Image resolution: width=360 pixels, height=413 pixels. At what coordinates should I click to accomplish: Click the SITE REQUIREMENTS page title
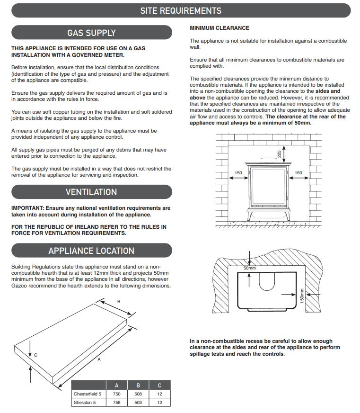(181, 10)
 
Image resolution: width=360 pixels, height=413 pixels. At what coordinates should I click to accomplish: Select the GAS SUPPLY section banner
(91, 33)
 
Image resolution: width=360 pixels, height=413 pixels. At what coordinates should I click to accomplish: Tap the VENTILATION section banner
(91, 192)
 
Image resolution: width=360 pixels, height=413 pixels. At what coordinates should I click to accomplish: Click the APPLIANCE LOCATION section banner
(91, 251)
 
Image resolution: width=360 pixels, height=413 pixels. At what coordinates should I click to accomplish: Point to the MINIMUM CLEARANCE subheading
(219, 28)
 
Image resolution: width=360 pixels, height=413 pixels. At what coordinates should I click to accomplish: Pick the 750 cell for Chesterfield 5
(117, 394)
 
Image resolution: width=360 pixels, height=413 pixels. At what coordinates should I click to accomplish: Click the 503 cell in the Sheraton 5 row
(138, 402)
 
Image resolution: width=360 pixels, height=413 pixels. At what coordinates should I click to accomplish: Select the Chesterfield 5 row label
(87, 394)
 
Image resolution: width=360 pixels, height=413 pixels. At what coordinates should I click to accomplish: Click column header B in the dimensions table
(138, 385)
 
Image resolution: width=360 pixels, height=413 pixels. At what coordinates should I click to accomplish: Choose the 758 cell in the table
(117, 402)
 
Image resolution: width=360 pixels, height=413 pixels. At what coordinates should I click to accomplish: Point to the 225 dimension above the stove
(279, 154)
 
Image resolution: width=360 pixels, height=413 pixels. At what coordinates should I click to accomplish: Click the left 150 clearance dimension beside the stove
(238, 172)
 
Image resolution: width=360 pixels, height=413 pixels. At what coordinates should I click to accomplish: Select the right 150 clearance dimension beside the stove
(298, 172)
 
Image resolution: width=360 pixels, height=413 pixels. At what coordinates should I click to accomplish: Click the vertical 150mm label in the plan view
(302, 298)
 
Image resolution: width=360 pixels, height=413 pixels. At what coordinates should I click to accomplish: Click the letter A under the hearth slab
(99, 359)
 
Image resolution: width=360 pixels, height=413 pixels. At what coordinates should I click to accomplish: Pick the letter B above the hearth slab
(119, 301)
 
